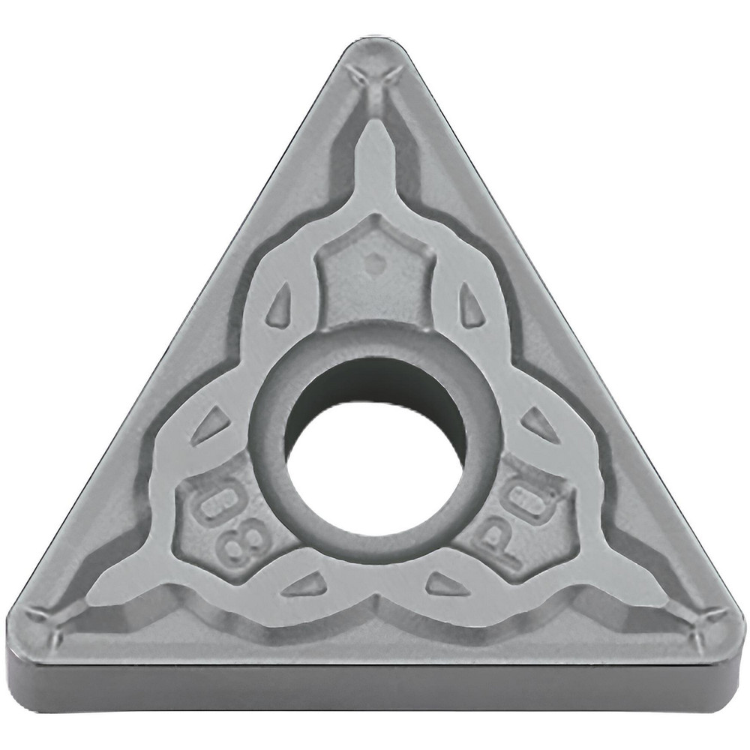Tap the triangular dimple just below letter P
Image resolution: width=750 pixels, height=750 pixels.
447,584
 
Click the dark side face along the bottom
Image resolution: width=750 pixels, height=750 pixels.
375,686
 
